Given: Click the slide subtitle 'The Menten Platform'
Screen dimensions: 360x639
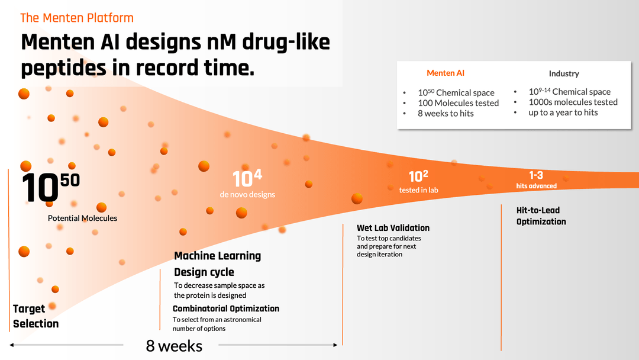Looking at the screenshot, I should (x=77, y=18).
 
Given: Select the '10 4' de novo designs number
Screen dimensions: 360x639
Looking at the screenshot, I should (x=247, y=178).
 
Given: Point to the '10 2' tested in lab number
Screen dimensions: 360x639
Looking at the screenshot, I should (x=418, y=176).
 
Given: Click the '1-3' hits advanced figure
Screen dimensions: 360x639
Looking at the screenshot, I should (x=536, y=175).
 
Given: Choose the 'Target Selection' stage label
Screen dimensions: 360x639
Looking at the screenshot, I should (x=35, y=316).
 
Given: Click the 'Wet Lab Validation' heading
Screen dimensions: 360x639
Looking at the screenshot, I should (x=393, y=228).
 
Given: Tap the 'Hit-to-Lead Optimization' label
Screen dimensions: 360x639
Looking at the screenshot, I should (x=541, y=216).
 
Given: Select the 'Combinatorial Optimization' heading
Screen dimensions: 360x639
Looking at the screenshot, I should (x=226, y=308).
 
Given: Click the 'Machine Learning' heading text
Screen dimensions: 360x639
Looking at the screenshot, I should (x=217, y=256).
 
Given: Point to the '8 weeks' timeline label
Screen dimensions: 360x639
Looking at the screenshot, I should (x=174, y=346).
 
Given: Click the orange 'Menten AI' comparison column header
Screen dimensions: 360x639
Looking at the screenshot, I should (x=446, y=73).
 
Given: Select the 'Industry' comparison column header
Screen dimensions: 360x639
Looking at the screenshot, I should (x=564, y=73).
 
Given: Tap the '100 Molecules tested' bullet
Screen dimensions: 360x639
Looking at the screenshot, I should (x=458, y=103).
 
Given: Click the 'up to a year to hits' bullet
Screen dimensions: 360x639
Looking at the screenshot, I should (x=563, y=112).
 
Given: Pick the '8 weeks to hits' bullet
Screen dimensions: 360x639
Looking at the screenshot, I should (x=446, y=113).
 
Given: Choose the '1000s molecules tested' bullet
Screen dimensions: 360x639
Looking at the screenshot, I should (x=573, y=102).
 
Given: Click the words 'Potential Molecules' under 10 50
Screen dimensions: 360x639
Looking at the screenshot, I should (x=82, y=218).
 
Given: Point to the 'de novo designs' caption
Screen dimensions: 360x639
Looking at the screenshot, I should (x=247, y=194).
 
